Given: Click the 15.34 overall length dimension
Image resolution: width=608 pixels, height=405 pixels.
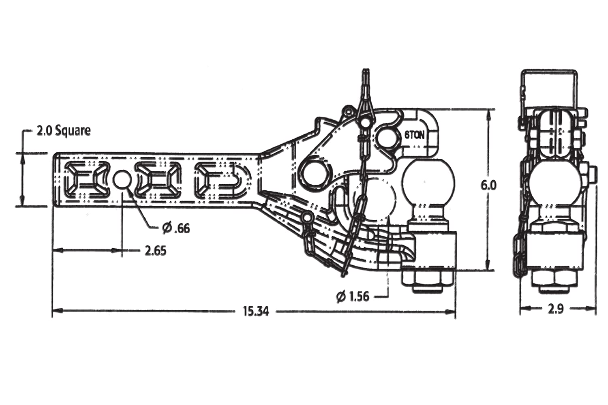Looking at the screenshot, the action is [x=256, y=311].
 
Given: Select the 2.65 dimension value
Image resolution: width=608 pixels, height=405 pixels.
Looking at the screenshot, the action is [x=155, y=251].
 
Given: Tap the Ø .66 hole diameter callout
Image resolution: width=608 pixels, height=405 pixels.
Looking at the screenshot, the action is [x=176, y=228].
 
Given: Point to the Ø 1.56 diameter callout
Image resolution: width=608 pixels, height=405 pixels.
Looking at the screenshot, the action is [x=353, y=296].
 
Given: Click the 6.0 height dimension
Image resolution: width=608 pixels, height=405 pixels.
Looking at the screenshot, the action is [x=488, y=186].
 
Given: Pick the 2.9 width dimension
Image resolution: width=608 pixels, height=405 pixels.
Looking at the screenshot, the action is [x=556, y=309].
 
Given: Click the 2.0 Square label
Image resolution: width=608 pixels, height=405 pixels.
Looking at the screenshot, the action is [x=64, y=131].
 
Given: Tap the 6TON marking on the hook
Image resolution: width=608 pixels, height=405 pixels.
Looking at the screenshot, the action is [x=415, y=135].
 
